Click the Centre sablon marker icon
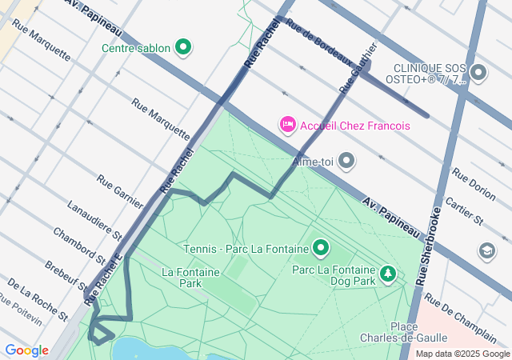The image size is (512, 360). pos(183,48)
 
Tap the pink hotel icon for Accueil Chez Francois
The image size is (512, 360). pos(286,125)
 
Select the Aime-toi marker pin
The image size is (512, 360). pos(346,162)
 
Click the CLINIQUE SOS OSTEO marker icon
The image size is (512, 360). pos(478,74)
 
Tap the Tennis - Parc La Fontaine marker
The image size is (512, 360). pos(321,248)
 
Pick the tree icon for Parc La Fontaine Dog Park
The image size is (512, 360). pos(388,274)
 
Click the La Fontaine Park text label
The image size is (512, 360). pos(190,278)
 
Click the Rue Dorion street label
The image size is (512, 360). pos(474,183)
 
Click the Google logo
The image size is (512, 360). pos(26,350)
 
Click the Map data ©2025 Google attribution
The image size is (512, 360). pos(462,354)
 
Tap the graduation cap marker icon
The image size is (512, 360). pos(486,251)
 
